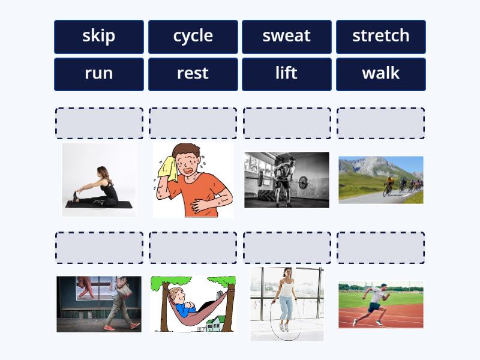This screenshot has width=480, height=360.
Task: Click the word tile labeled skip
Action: pos(99,36)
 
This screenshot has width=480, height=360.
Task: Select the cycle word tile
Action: pos(193,36)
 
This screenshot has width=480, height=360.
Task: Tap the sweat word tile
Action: pos(286,36)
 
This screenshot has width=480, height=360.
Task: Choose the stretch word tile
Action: pos(380,36)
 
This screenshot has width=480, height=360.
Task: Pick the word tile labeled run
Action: pos(99,74)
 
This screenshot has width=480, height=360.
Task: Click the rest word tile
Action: pos(193,74)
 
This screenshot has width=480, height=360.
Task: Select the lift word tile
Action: pos(286,74)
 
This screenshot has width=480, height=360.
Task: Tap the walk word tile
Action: pos(380,74)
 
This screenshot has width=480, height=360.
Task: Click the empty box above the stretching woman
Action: pos(99,124)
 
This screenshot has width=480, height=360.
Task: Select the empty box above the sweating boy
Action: pos(193,124)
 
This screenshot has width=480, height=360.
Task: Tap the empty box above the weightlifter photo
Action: pos(287,124)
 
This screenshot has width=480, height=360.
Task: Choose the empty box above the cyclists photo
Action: pos(380,124)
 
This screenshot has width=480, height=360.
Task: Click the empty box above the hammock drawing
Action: pos(193,248)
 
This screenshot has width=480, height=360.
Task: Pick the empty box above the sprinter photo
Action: pos(380,248)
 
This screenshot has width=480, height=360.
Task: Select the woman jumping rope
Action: pos(286,300)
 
